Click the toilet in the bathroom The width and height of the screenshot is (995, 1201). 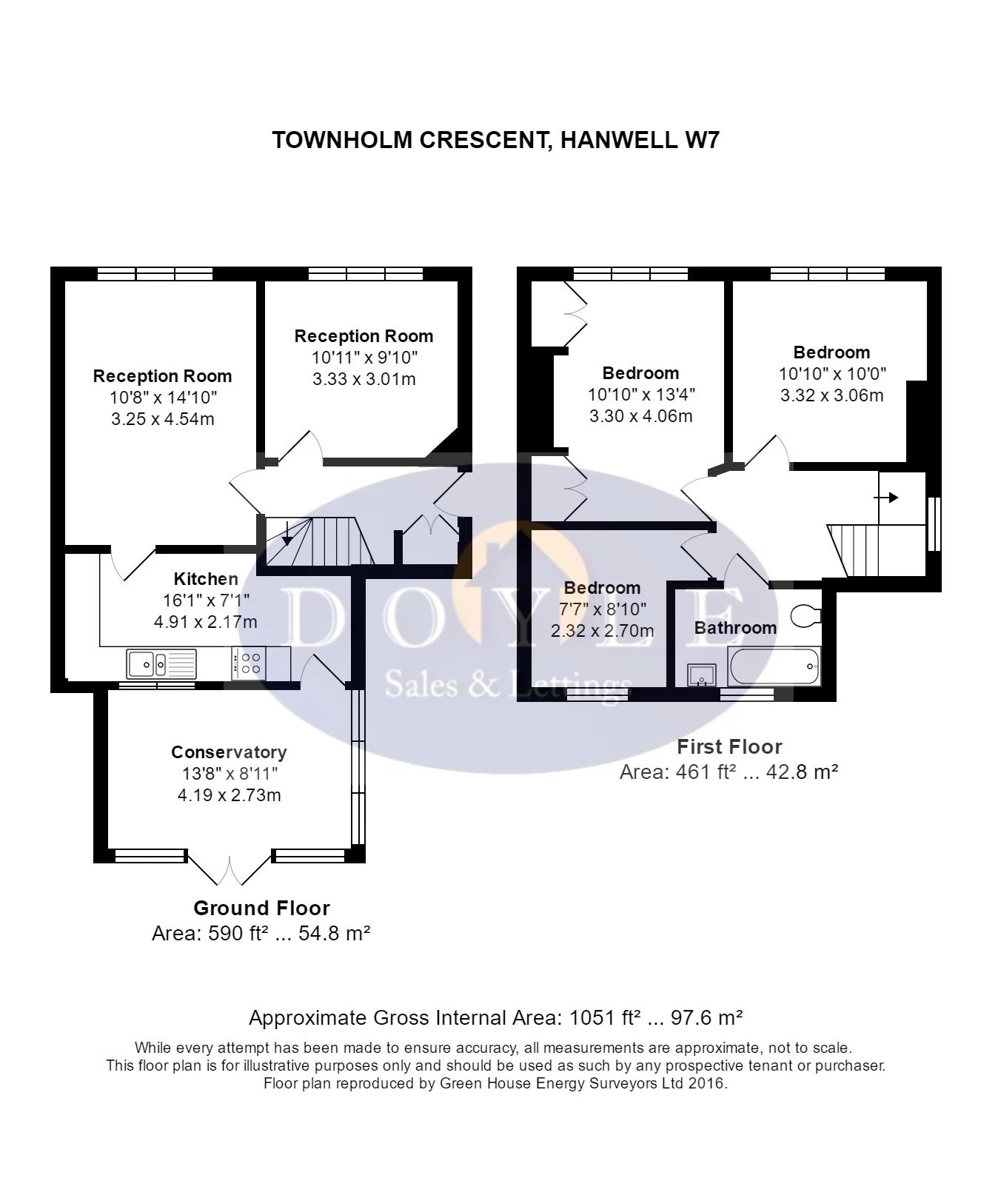[806, 615]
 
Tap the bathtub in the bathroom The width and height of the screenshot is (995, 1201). [774, 666]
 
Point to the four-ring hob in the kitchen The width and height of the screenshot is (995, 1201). [249, 663]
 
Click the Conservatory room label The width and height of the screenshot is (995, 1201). [229, 752]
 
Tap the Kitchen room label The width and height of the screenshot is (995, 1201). [206, 579]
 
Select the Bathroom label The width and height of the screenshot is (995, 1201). [735, 628]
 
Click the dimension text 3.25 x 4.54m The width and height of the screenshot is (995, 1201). [163, 419]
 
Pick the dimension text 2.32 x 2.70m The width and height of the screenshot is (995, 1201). [602, 631]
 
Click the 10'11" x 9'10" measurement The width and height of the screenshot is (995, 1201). [364, 358]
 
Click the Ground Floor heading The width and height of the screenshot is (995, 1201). [261, 908]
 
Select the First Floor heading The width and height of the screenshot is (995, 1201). [729, 746]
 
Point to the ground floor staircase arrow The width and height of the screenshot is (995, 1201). [286, 531]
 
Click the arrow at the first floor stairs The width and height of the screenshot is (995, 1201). [887, 498]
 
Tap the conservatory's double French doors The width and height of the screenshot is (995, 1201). [230, 869]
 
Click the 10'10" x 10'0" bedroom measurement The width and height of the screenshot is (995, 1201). [832, 374]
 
